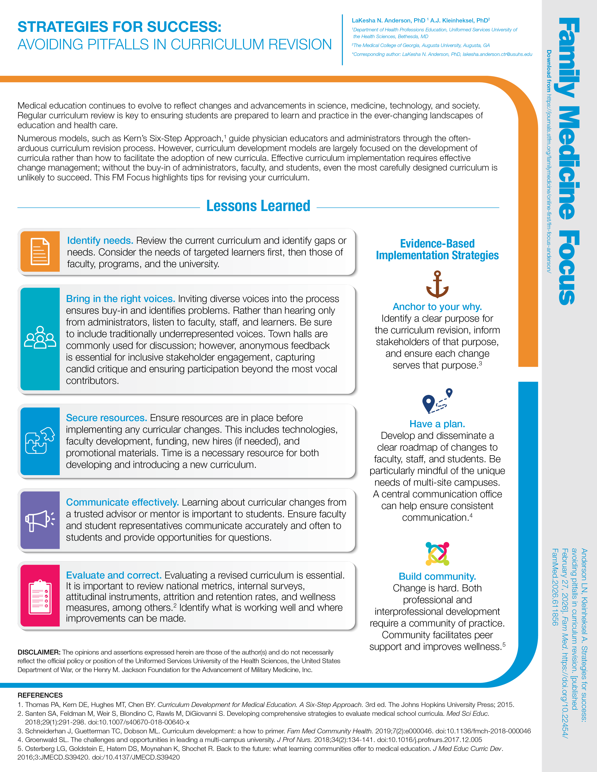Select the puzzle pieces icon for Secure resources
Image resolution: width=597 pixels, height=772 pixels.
pos(40,441)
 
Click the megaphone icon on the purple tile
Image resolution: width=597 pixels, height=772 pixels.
pos(40,520)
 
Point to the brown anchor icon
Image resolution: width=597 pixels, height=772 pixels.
pos(437,284)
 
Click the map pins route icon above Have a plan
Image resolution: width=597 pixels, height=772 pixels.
pos(437,401)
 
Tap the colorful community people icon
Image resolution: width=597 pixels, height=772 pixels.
pos(437,554)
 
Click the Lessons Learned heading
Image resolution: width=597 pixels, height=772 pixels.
pos(258,206)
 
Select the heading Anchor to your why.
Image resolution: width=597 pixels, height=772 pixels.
pos(437,306)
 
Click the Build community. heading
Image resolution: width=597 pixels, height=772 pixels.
pos(437,576)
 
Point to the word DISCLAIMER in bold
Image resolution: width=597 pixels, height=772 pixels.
pos(39,652)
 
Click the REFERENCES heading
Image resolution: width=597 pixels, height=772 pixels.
pos(40,695)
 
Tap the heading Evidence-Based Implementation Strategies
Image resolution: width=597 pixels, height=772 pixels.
pos(437,249)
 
